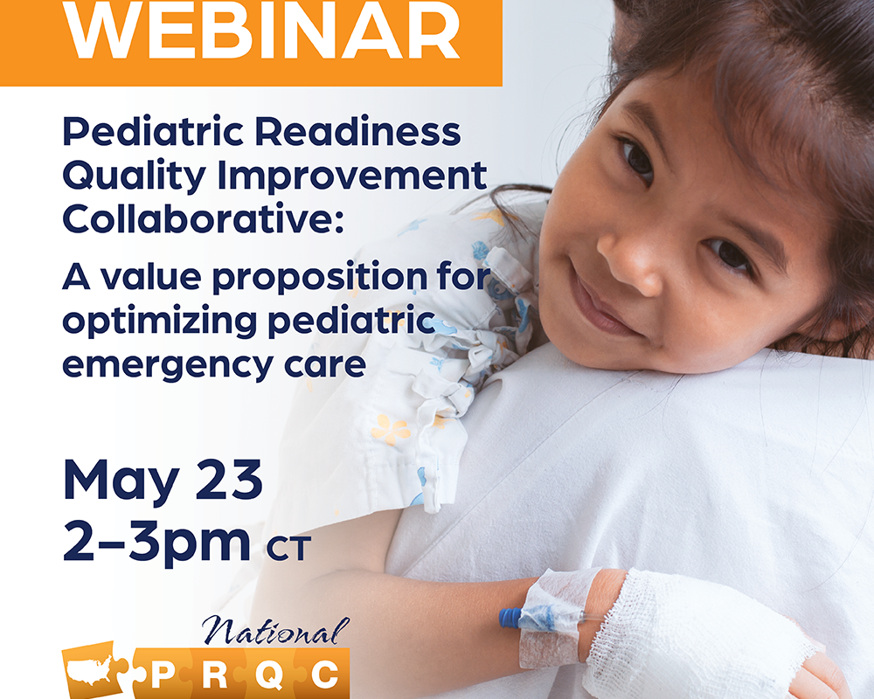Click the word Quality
pyautogui.click(x=135, y=176)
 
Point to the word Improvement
pyautogui.click(x=352, y=176)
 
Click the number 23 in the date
pyautogui.click(x=229, y=480)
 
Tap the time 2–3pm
pyautogui.click(x=156, y=542)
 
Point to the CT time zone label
pyautogui.click(x=288, y=549)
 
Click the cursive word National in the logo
pyautogui.click(x=276, y=631)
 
